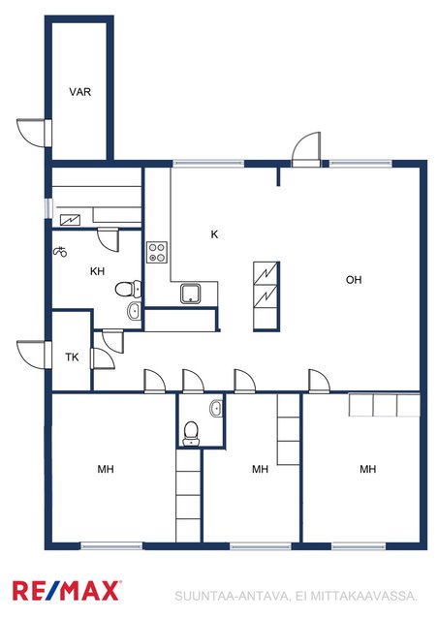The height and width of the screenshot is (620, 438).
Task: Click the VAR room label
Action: click(79, 92)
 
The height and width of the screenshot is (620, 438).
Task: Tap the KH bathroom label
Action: click(97, 271)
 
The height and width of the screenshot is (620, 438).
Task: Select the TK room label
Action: click(72, 357)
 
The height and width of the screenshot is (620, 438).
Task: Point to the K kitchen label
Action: click(214, 234)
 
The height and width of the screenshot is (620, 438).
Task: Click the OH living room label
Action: click(354, 280)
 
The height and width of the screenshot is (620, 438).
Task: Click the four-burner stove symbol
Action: click(157, 252)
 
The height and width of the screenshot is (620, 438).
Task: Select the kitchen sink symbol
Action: click(192, 294)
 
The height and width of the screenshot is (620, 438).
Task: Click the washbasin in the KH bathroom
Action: click(135, 311)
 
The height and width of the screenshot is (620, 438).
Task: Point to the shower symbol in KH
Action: click(60, 252)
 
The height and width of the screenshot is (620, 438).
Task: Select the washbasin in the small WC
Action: click(216, 408)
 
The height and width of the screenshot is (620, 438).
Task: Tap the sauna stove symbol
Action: click(70, 220)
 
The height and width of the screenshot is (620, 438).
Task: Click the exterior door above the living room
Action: click(306, 149)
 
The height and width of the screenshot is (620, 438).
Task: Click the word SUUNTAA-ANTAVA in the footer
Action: click(233, 596)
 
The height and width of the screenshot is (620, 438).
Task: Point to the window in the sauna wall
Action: click(48, 208)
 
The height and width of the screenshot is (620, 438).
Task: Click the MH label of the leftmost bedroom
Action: click(106, 469)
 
